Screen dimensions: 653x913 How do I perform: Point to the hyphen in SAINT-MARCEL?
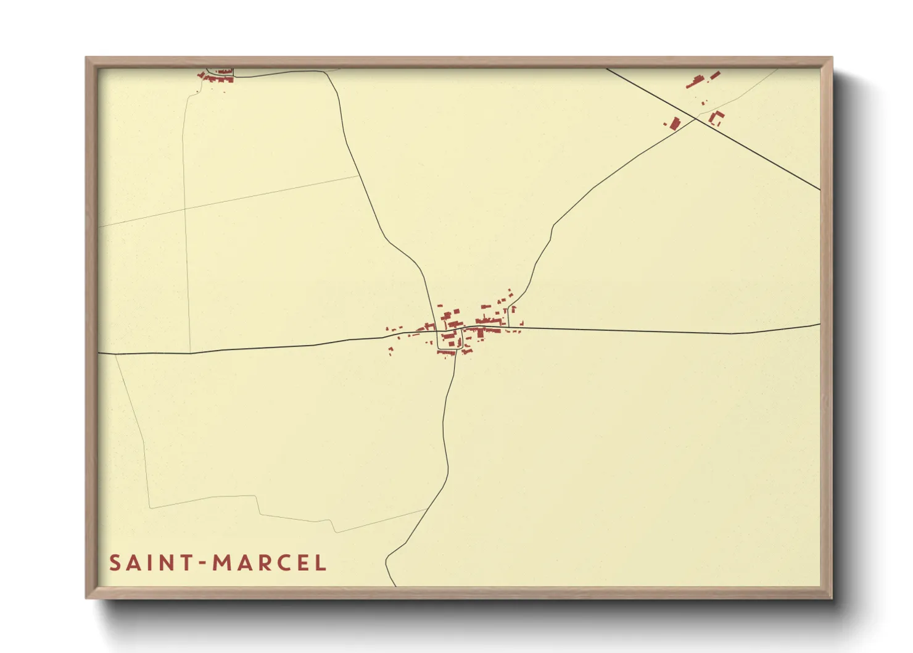[202, 564]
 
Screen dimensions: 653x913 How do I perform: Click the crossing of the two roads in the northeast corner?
[696, 119]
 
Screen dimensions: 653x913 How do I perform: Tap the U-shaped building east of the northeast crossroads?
[716, 118]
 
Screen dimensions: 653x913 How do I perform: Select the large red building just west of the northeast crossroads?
[674, 123]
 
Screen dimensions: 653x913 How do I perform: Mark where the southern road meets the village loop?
[456, 349]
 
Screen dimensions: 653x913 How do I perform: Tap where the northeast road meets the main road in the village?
[508, 327]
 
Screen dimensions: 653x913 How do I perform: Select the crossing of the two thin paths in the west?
[185, 209]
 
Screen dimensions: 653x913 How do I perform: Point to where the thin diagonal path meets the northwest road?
[359, 176]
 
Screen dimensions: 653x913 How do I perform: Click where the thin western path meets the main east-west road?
[190, 352]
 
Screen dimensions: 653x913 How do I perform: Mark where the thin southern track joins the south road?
[427, 509]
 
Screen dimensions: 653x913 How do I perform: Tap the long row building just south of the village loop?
[446, 352]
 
